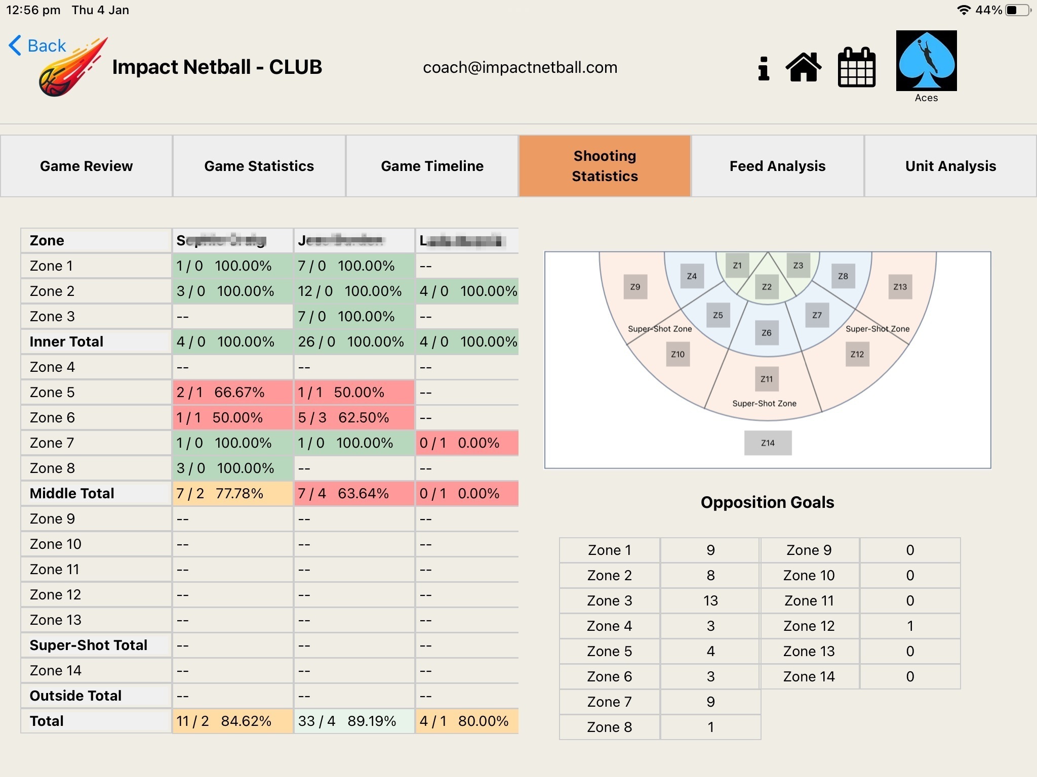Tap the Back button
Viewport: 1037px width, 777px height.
click(37, 46)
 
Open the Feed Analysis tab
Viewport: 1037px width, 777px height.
click(777, 166)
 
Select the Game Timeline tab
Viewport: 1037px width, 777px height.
click(432, 166)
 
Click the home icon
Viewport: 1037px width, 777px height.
click(803, 67)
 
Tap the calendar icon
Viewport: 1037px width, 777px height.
click(856, 67)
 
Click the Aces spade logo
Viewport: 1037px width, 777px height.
click(926, 61)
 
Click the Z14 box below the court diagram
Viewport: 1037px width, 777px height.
click(768, 443)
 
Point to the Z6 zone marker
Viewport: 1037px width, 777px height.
click(767, 333)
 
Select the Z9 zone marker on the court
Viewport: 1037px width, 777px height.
click(635, 287)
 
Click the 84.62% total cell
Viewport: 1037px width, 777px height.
click(233, 721)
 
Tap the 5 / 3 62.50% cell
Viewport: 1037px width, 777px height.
click(354, 418)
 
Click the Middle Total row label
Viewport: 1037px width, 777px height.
click(72, 493)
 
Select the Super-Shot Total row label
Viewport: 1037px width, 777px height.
click(89, 645)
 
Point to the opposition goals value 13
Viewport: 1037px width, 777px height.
click(710, 601)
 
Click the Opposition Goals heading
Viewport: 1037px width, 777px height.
click(767, 502)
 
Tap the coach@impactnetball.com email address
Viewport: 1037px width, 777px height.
click(520, 67)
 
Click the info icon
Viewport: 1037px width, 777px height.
click(764, 68)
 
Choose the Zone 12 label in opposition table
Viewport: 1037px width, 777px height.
click(809, 626)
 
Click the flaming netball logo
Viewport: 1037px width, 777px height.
click(71, 68)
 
